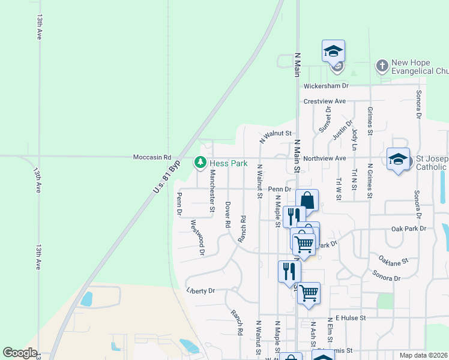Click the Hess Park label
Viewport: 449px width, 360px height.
[228, 163]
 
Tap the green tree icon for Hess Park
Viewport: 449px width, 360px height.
[200, 163]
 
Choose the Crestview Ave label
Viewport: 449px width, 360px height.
[325, 101]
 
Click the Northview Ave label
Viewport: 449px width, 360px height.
[325, 158]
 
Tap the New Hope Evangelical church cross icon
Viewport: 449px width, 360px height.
[382, 65]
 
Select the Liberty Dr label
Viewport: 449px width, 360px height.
[200, 291]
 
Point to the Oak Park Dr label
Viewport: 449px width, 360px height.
[408, 229]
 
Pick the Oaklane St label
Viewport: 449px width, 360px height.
[393, 261]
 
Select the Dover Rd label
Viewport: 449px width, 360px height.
[228, 214]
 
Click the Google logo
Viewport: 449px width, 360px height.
[20, 353]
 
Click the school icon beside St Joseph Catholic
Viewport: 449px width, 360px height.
[398, 159]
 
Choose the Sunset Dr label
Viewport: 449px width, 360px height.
[325, 124]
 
